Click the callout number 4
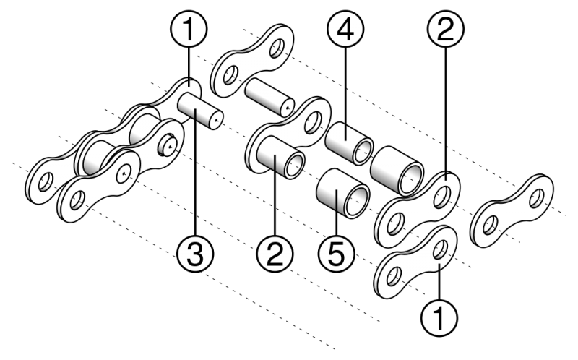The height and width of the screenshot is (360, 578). tap(345, 30)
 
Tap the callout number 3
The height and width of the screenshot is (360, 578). tap(195, 254)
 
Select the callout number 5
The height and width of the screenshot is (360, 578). tap(336, 254)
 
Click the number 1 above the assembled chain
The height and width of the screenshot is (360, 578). tap(188, 30)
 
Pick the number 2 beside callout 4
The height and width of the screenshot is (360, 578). tap(444, 30)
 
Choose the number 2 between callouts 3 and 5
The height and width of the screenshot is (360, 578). tap(275, 254)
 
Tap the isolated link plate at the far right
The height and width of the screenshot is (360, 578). tap(512, 210)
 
